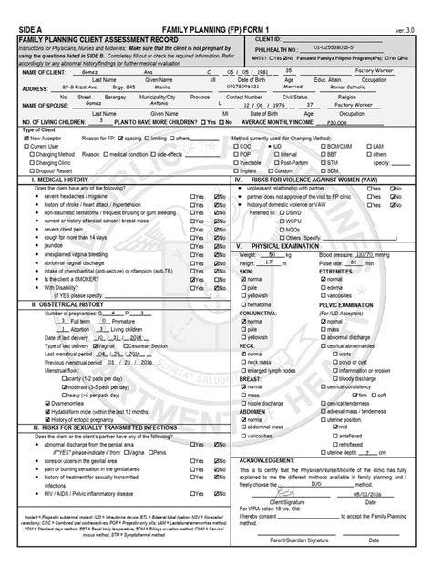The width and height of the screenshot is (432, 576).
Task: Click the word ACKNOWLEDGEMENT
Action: [x=269, y=461]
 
